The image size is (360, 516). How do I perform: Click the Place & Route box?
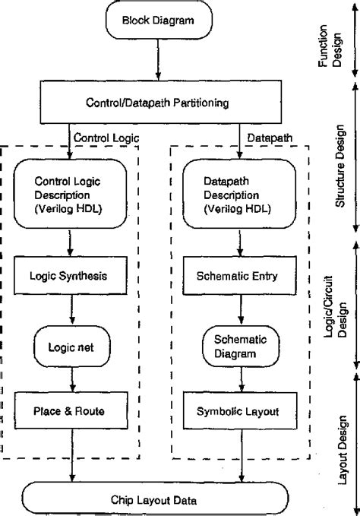pos(71,410)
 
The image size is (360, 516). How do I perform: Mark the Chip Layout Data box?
pos(157,499)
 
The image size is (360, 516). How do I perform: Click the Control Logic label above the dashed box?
pos(98,138)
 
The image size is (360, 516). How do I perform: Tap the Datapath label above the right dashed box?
pos(265,138)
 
